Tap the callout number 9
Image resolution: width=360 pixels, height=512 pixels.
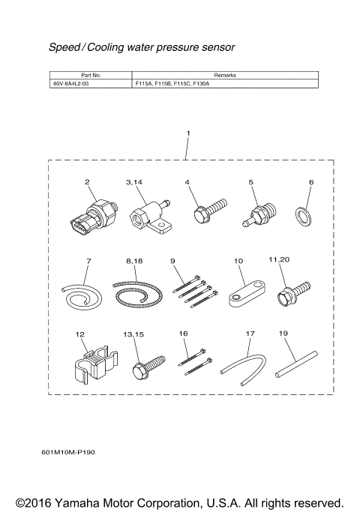pos(173,260)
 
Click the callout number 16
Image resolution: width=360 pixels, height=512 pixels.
pos(184,332)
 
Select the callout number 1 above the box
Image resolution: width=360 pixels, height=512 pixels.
pos(188,133)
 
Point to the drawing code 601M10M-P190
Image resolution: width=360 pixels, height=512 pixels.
pos(68,453)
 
